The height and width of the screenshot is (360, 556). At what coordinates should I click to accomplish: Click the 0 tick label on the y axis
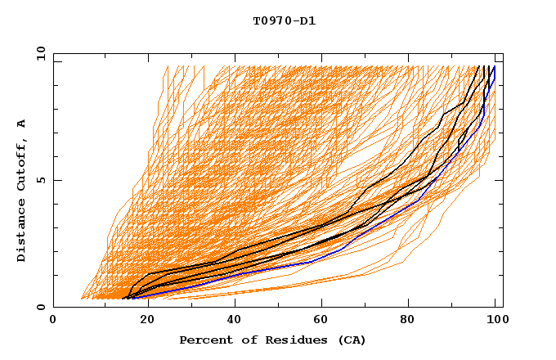click(42, 307)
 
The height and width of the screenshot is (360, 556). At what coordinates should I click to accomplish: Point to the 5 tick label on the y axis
click(42, 180)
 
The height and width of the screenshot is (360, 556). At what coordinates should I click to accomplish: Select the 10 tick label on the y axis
click(39, 53)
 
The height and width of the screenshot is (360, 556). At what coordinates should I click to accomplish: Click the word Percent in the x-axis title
click(204, 340)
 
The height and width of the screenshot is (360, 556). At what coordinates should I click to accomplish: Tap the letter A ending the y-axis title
click(21, 124)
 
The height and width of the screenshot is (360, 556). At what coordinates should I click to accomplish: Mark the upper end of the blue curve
click(494, 67)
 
